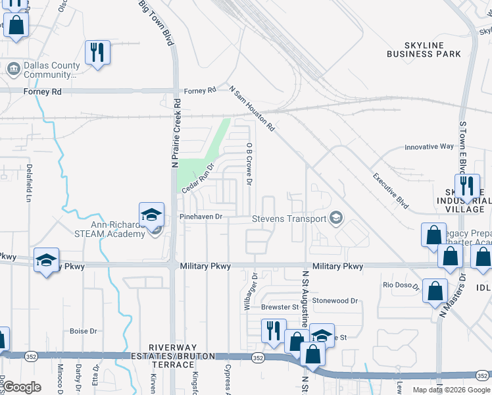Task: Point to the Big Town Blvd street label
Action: click(x=157, y=22)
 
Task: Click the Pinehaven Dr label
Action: click(x=201, y=216)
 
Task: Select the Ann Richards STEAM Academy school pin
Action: click(x=151, y=215)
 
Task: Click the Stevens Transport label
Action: click(x=290, y=219)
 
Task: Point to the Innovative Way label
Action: click(x=429, y=147)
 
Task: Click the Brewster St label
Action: click(x=280, y=307)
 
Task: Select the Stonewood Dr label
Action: click(x=335, y=300)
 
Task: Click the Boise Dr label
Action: click(x=84, y=331)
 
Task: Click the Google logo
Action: click(x=22, y=387)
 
